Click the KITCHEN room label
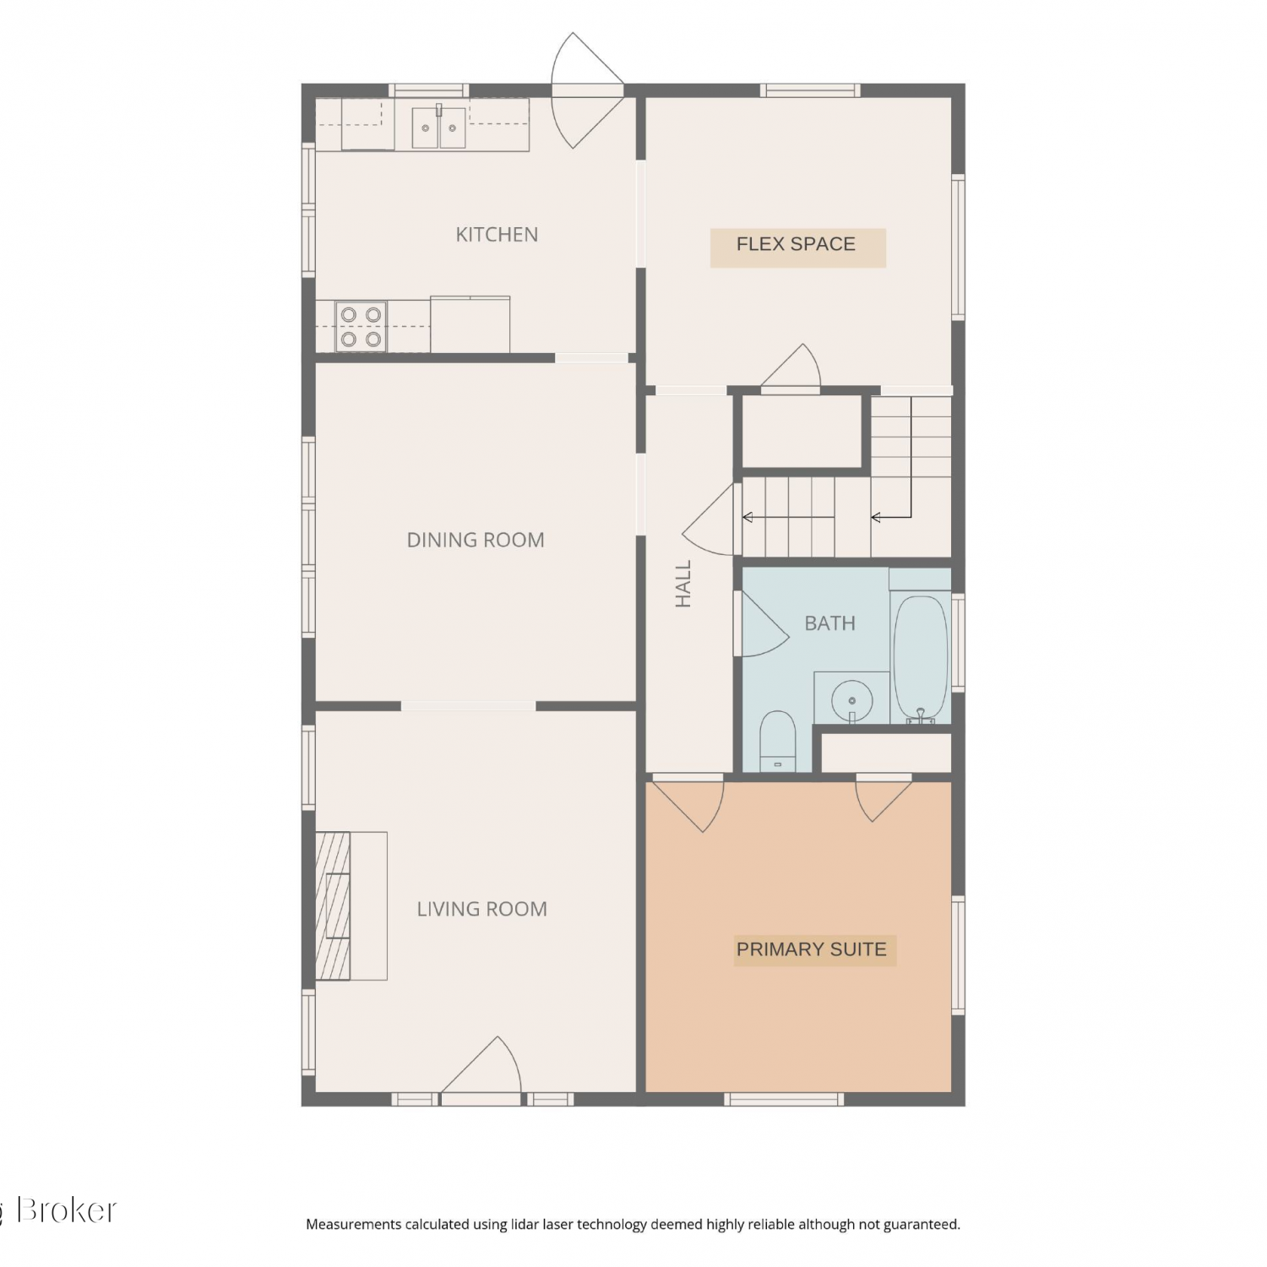497,235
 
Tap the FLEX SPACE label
796,244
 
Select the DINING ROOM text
476,540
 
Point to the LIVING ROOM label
481,909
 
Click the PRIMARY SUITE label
812,949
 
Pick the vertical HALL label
683,584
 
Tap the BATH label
829,623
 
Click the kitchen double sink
439,127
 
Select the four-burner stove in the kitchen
361,326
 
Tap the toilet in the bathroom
778,741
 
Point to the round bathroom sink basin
852,700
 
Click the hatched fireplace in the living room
333,905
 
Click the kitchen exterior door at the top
587,90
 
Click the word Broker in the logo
67,1210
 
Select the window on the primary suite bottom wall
784,1099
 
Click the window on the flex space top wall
810,90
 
